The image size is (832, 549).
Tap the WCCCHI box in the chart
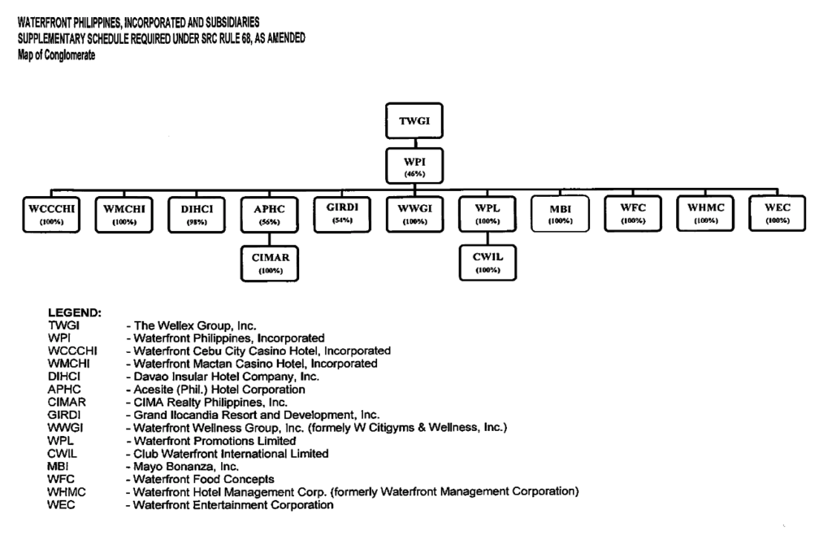tap(51, 214)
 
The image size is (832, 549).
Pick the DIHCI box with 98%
tap(197, 215)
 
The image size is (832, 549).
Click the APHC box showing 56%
tap(269, 215)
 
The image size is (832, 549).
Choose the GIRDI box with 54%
tap(342, 214)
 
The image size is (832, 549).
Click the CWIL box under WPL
tap(487, 262)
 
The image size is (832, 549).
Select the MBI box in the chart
tap(560, 215)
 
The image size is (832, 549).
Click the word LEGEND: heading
tap(75, 312)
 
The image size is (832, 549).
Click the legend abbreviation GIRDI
tap(65, 415)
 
